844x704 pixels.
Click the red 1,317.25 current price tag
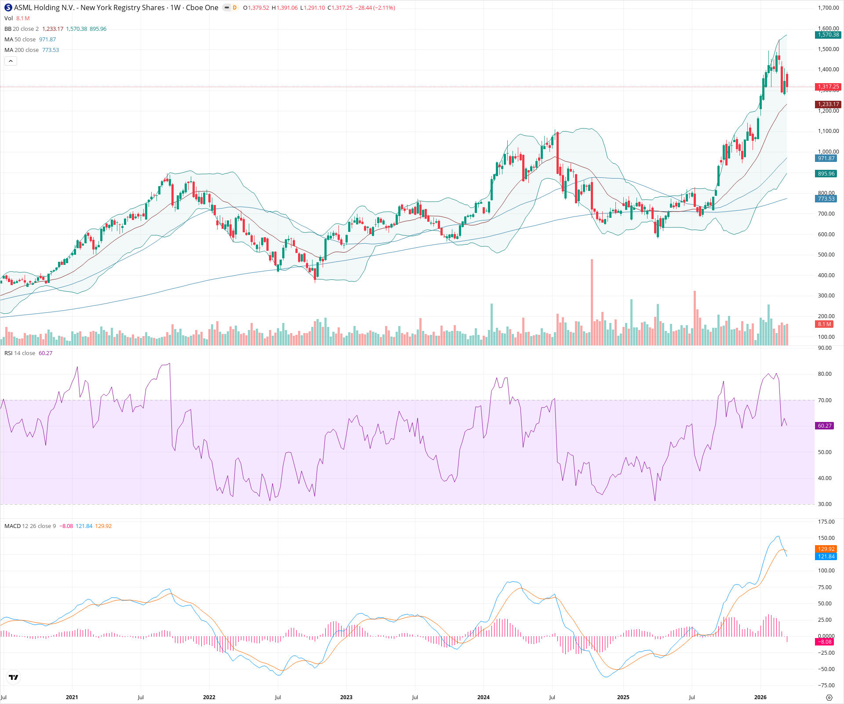[828, 87]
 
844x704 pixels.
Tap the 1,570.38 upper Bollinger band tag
[828, 35]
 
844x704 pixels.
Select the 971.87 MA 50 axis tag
[826, 158]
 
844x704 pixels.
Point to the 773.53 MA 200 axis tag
[826, 199]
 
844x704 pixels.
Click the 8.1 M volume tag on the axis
[824, 324]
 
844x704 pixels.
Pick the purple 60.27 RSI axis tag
[825, 426]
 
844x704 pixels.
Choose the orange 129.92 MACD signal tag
[826, 549]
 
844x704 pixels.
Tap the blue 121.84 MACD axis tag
[826, 557]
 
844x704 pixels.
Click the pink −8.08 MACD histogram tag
[825, 642]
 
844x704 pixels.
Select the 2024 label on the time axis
[483, 697]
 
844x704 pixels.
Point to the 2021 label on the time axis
[72, 697]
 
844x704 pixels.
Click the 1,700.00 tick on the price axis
[828, 8]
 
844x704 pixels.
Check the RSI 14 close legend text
[20, 353]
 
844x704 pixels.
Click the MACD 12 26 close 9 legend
[30, 526]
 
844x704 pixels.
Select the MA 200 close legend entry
[22, 50]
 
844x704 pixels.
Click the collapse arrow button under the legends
[11, 61]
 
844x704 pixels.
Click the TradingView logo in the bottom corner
[14, 678]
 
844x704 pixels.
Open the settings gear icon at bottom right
[829, 697]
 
